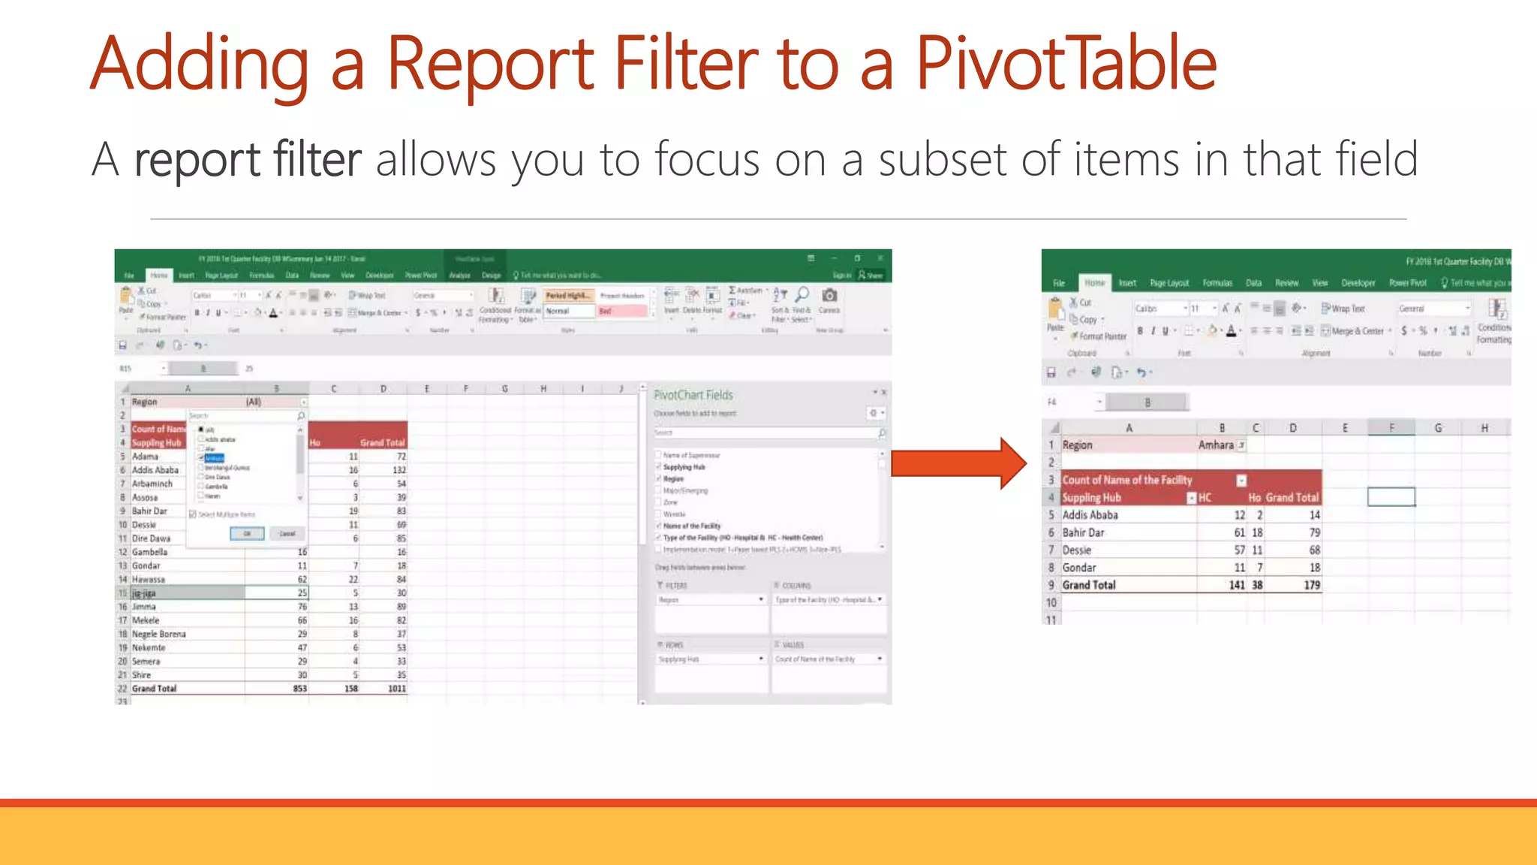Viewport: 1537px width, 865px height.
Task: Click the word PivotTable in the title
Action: pyautogui.click(x=1066, y=64)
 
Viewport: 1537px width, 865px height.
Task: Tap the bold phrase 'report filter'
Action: pyautogui.click(x=248, y=159)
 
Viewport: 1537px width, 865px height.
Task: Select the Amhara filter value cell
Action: pyautogui.click(x=1216, y=445)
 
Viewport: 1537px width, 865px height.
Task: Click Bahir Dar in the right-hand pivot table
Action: pyautogui.click(x=1083, y=532)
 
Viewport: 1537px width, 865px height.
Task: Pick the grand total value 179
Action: pyautogui.click(x=1311, y=585)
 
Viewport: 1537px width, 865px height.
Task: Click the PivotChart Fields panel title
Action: pyautogui.click(x=693, y=395)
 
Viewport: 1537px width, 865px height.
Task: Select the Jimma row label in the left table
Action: pyautogui.click(x=144, y=607)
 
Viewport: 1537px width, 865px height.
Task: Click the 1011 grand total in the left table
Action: pyautogui.click(x=396, y=689)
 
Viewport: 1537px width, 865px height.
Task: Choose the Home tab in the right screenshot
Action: pyautogui.click(x=1094, y=283)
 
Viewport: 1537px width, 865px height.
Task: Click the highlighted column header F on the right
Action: pyautogui.click(x=1391, y=428)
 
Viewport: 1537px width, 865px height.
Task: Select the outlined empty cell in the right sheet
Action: pyautogui.click(x=1391, y=497)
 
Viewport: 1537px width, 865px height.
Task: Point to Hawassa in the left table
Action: pyautogui.click(x=148, y=580)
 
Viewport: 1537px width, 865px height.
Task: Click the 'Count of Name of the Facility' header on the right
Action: pyautogui.click(x=1126, y=480)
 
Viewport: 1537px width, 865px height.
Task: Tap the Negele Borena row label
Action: pyautogui.click(x=158, y=634)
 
